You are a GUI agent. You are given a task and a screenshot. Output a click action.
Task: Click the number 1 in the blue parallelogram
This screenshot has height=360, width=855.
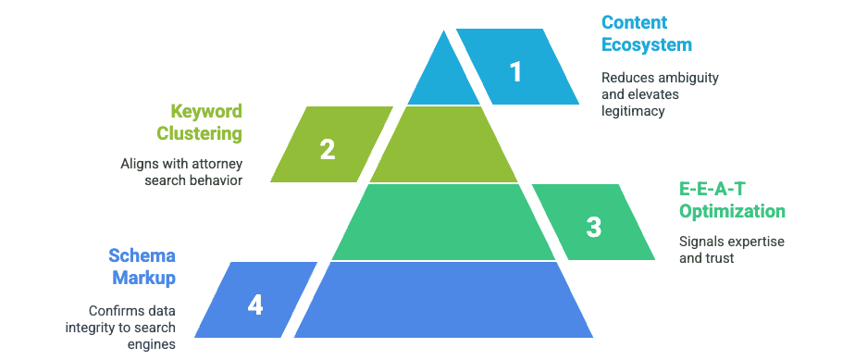click(515, 72)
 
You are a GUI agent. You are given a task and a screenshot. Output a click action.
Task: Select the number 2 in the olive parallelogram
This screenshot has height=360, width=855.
click(327, 150)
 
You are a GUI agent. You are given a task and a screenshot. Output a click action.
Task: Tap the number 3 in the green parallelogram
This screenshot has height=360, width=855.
click(593, 227)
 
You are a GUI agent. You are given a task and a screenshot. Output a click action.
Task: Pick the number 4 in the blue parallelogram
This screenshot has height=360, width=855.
click(255, 304)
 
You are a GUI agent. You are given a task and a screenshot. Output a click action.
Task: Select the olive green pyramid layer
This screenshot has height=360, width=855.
click(443, 144)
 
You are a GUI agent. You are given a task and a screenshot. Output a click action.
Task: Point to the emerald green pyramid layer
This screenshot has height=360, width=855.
click(443, 221)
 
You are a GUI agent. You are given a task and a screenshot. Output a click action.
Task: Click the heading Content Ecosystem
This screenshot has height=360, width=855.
click(646, 33)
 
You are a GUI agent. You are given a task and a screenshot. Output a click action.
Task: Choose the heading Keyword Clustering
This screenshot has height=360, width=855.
click(199, 122)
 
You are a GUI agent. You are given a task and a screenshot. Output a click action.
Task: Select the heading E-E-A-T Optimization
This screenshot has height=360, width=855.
click(731, 200)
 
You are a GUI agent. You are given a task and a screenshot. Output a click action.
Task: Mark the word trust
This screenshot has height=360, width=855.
click(718, 258)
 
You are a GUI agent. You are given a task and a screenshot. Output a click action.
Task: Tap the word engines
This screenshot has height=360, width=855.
click(154, 343)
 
